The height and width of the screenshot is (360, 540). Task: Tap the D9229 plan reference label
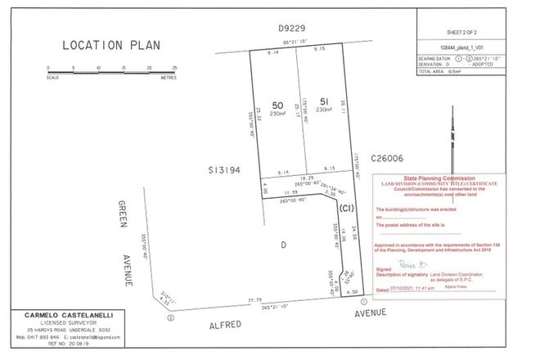291,29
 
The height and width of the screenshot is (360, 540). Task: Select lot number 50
277,106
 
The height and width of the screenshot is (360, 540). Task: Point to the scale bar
113,72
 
